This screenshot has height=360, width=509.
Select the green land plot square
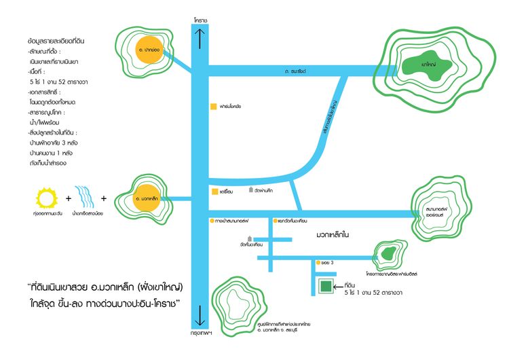[326, 287]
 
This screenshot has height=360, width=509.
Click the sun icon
[47, 199]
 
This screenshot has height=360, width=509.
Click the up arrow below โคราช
[200, 41]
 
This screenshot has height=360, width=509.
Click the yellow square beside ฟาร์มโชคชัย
[212, 107]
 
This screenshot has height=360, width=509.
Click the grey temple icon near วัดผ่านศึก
[250, 190]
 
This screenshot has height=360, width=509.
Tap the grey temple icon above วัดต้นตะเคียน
[250, 238]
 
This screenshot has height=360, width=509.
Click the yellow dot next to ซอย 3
[317, 262]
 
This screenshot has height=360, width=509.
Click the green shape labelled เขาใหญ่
[428, 65]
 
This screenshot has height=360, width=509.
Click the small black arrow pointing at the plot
[341, 287]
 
